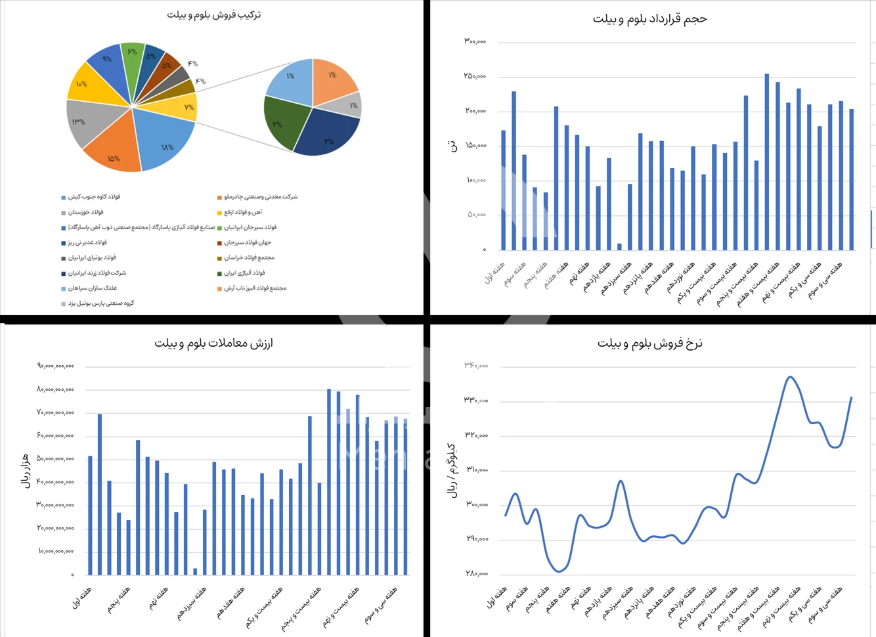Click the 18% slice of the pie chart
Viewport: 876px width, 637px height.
click(164, 141)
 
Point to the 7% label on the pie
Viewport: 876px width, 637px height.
click(189, 107)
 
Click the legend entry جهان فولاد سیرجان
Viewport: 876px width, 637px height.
click(248, 242)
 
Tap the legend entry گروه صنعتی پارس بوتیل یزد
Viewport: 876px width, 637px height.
click(101, 303)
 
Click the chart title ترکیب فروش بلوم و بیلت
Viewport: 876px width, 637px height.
click(214, 14)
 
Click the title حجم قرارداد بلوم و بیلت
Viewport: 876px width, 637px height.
click(649, 19)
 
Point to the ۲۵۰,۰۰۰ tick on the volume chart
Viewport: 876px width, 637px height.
click(475, 76)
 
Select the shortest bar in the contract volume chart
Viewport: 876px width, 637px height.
click(619, 246)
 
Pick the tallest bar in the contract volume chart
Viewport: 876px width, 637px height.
click(766, 162)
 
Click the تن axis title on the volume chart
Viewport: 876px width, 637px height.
click(453, 146)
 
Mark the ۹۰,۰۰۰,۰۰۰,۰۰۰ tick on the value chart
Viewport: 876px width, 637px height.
click(56, 366)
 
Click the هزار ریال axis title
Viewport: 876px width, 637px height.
click(26, 470)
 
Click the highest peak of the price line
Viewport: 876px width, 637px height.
click(790, 377)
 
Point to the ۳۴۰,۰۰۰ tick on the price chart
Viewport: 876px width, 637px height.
click(476, 365)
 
